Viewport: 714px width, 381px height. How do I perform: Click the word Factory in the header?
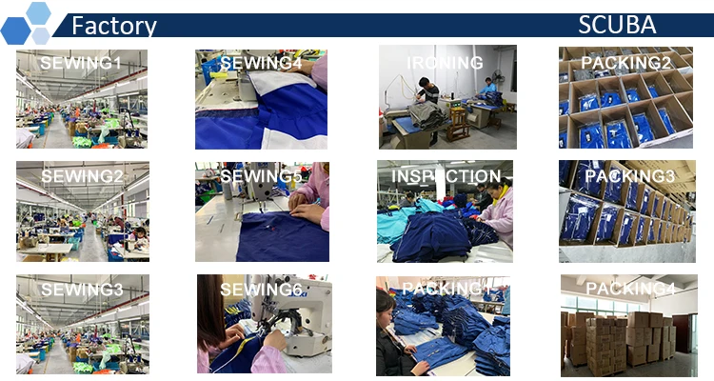pos(114,26)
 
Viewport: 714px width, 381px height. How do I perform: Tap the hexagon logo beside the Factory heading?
pos(27,24)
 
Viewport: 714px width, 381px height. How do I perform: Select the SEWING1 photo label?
pos(81,64)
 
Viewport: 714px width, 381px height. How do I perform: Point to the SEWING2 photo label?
pos(81,176)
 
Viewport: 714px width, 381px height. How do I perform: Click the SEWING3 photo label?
pos(81,289)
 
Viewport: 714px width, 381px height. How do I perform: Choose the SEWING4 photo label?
pos(261,64)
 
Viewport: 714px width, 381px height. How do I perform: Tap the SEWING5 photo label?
pos(261,176)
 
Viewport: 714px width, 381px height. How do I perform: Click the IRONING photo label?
pos(445,63)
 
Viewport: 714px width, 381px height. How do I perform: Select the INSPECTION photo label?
pos(446,176)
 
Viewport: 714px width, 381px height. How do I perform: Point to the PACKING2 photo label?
pos(626,64)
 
